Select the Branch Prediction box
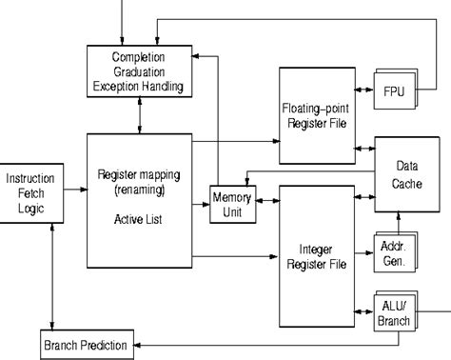(x=84, y=340)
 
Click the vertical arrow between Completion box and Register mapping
(x=141, y=114)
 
